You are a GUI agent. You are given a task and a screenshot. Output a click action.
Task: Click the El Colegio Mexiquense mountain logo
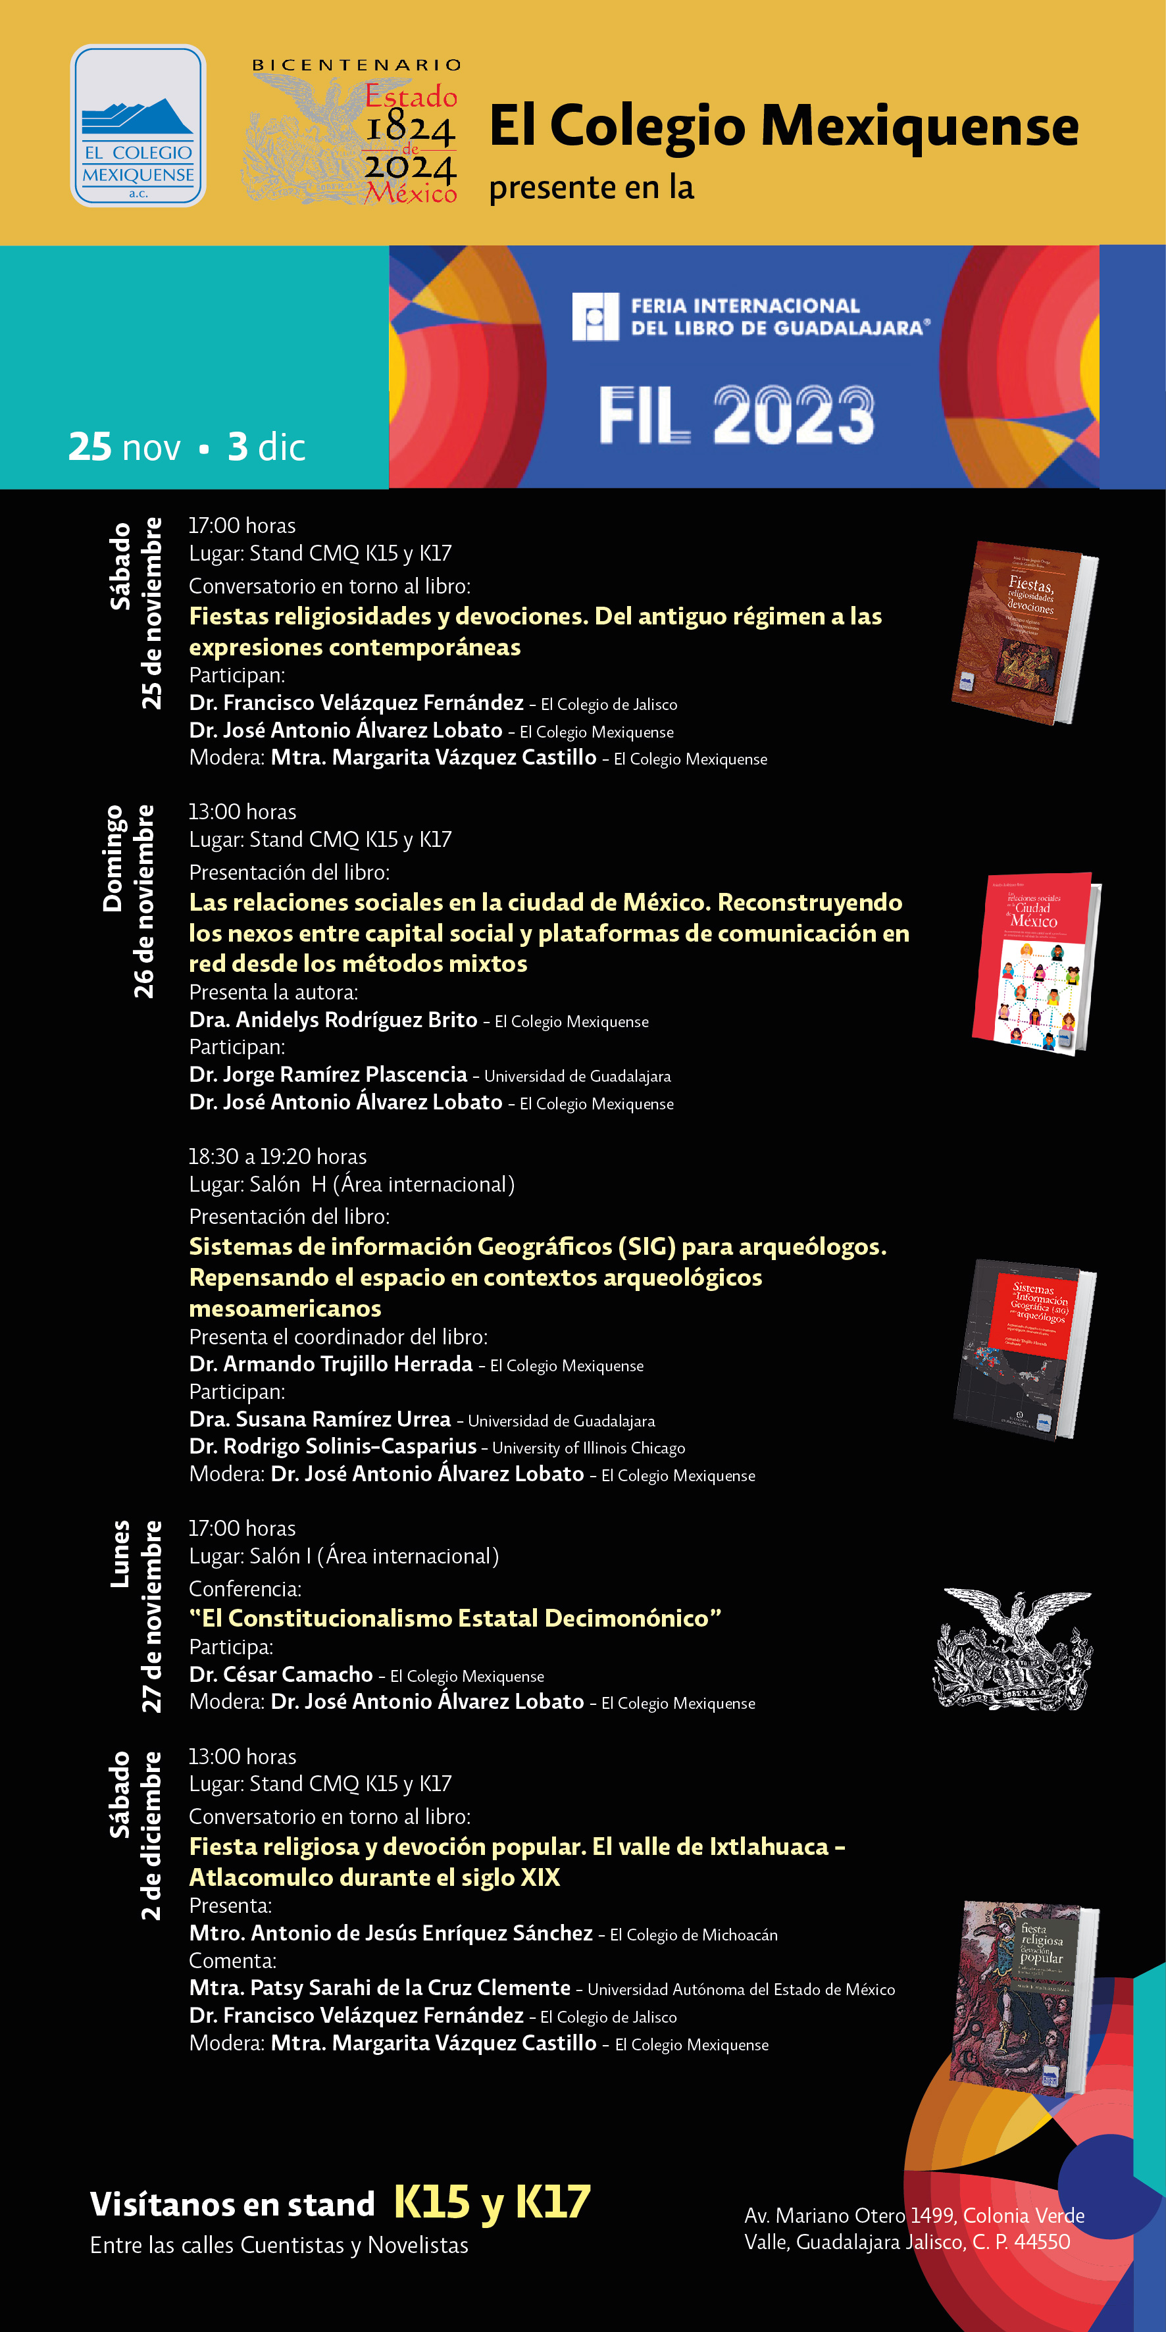pyautogui.click(x=138, y=126)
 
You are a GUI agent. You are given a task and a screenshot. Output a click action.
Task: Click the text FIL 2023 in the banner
pyautogui.click(x=736, y=415)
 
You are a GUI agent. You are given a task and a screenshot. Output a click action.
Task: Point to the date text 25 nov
pyautogui.click(x=124, y=447)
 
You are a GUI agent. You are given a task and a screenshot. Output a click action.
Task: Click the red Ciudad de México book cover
pyautogui.click(x=1035, y=963)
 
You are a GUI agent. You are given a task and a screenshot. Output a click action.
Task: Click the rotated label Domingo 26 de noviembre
pyautogui.click(x=128, y=901)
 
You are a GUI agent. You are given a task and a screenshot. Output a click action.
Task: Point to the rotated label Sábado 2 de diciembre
pyautogui.click(x=135, y=1835)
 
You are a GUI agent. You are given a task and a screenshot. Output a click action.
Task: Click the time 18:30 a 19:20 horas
pyautogui.click(x=277, y=1157)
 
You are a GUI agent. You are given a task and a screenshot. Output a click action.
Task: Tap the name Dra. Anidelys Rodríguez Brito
pyautogui.click(x=333, y=1020)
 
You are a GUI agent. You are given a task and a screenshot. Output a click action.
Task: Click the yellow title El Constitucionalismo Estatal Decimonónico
pyautogui.click(x=455, y=1618)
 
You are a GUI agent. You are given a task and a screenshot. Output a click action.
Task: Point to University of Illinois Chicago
pyautogui.click(x=588, y=1448)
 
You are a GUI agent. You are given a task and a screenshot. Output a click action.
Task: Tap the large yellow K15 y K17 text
pyautogui.click(x=492, y=2202)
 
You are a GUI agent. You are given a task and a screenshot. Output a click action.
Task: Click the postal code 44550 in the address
pyautogui.click(x=1042, y=2241)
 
